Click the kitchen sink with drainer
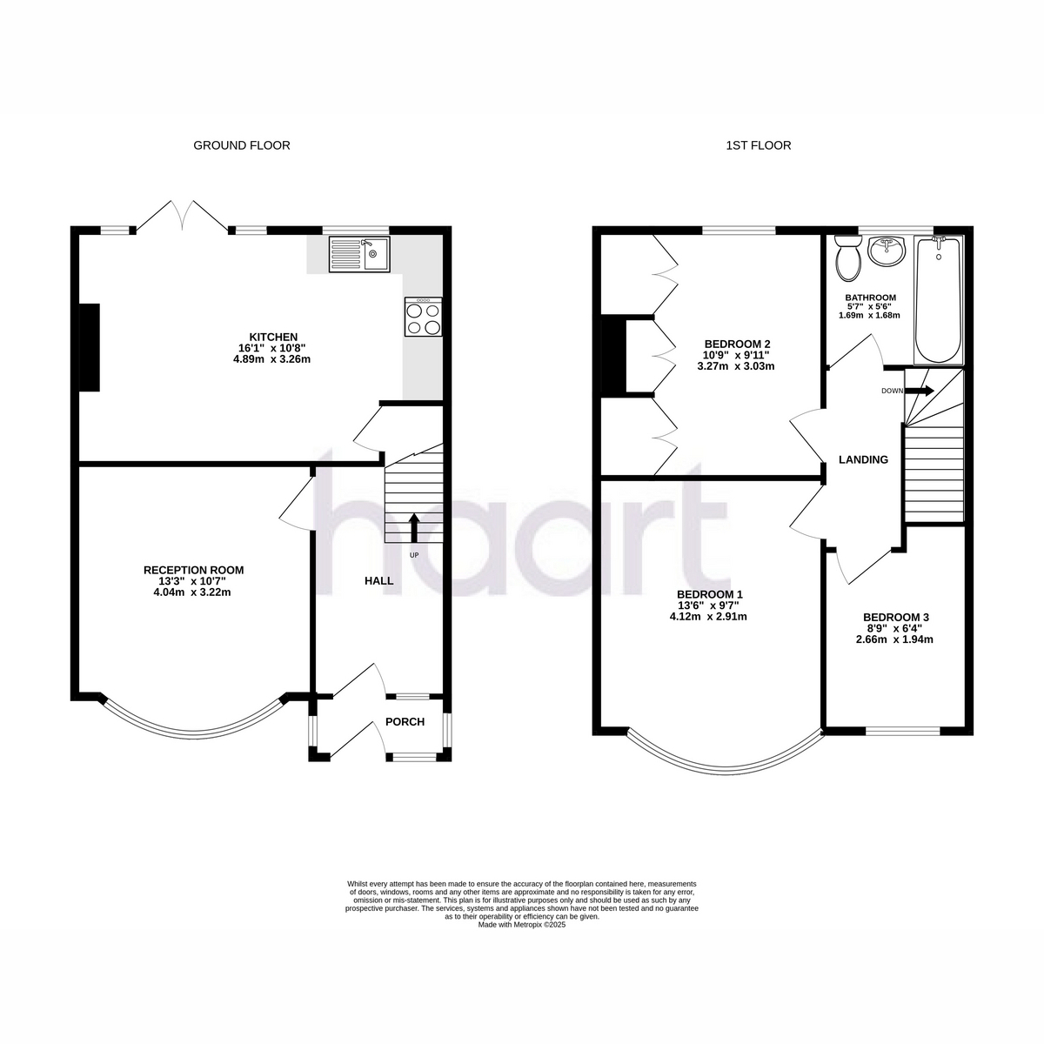pyautogui.click(x=358, y=254)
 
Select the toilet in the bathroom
pyautogui.click(x=848, y=258)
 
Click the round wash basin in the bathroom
pyautogui.click(x=886, y=251)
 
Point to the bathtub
pyautogui.click(x=939, y=299)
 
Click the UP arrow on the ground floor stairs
pyautogui.click(x=414, y=528)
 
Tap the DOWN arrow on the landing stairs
pyautogui.click(x=920, y=390)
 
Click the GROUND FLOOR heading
pyautogui.click(x=242, y=145)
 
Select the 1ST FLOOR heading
pyautogui.click(x=759, y=145)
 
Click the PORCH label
pyautogui.click(x=405, y=721)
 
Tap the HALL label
pyautogui.click(x=378, y=581)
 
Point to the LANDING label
pyautogui.click(x=863, y=459)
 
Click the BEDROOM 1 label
pyautogui.click(x=710, y=594)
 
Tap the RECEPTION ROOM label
pyautogui.click(x=193, y=570)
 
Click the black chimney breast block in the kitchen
pyautogui.click(x=90, y=347)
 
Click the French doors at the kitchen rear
pyautogui.click(x=182, y=217)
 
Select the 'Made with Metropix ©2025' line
pyautogui.click(x=521, y=925)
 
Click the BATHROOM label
pyautogui.click(x=871, y=298)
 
